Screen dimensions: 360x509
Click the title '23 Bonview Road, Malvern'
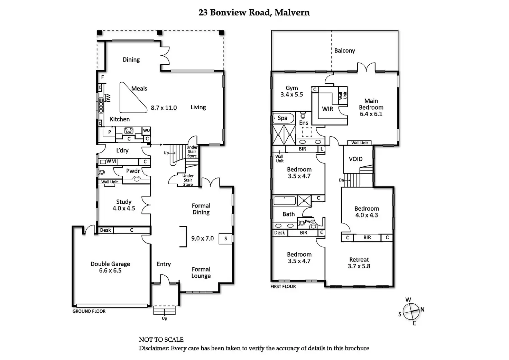click(x=254, y=13)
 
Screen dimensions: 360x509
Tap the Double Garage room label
click(x=110, y=264)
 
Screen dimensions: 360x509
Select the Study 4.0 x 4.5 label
click(x=124, y=205)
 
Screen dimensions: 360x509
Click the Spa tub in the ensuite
click(x=283, y=118)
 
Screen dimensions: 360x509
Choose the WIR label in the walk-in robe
click(x=327, y=109)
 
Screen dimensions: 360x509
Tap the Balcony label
click(x=344, y=51)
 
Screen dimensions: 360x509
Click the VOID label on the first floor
click(x=355, y=159)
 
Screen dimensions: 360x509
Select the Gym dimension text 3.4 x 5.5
click(x=291, y=95)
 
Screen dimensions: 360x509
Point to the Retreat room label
click(x=359, y=260)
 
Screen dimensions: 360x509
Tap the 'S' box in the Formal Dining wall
click(x=226, y=238)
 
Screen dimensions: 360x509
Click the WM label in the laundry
click(x=111, y=161)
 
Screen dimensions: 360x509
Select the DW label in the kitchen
click(x=108, y=98)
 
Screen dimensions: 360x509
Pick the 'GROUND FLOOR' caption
click(x=89, y=311)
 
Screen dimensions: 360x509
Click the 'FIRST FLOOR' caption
click(x=283, y=286)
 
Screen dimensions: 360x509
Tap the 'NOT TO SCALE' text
click(x=161, y=340)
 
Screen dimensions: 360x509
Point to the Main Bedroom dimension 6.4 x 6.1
click(x=371, y=114)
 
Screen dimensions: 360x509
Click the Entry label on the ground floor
click(x=164, y=264)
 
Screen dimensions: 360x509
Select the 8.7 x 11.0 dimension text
click(x=164, y=108)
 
